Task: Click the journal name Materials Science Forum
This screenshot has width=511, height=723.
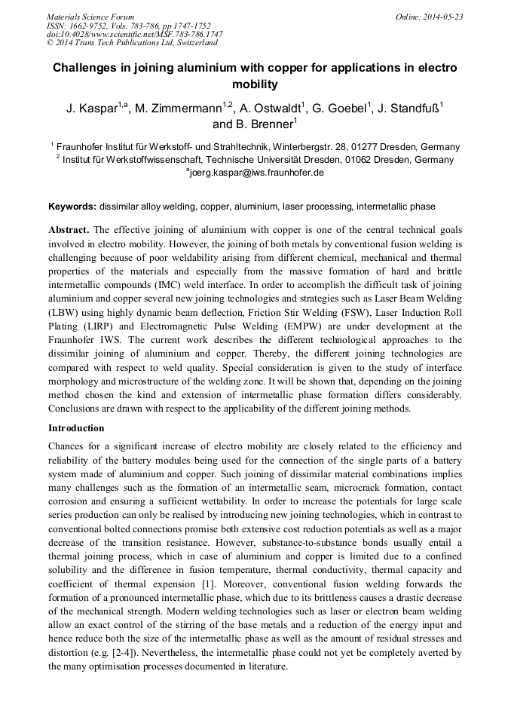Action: [x=90, y=16]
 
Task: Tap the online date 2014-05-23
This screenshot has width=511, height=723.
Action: [x=439, y=16]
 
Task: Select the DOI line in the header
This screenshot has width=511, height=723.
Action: [x=134, y=34]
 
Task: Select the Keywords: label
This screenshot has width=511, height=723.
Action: [x=72, y=206]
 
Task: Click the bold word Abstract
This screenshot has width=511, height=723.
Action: [x=69, y=229]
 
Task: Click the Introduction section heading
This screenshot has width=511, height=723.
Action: [x=77, y=428]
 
